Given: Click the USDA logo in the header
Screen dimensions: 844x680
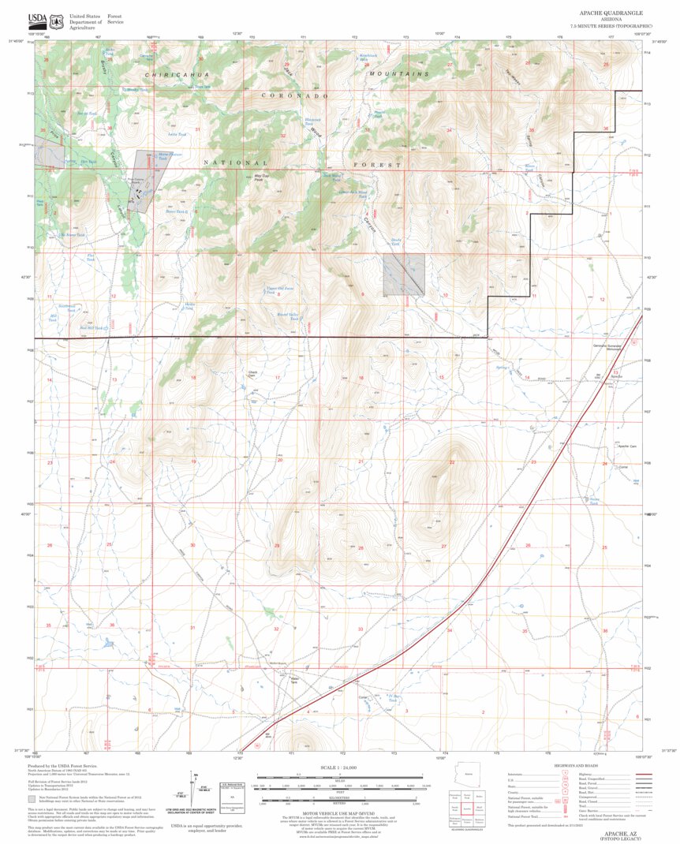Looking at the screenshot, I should (x=36, y=20).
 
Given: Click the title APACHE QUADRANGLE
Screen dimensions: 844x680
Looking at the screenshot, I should (x=611, y=13).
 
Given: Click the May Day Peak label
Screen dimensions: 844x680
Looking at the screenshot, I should (x=258, y=178).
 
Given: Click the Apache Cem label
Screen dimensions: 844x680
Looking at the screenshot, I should (x=627, y=446).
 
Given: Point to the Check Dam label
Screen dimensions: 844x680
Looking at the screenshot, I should (x=252, y=373).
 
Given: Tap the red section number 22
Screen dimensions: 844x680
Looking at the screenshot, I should (x=452, y=461).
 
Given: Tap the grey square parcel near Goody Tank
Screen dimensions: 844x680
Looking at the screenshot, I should (x=403, y=274).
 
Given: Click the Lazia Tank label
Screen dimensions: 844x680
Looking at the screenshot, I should (x=177, y=135).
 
